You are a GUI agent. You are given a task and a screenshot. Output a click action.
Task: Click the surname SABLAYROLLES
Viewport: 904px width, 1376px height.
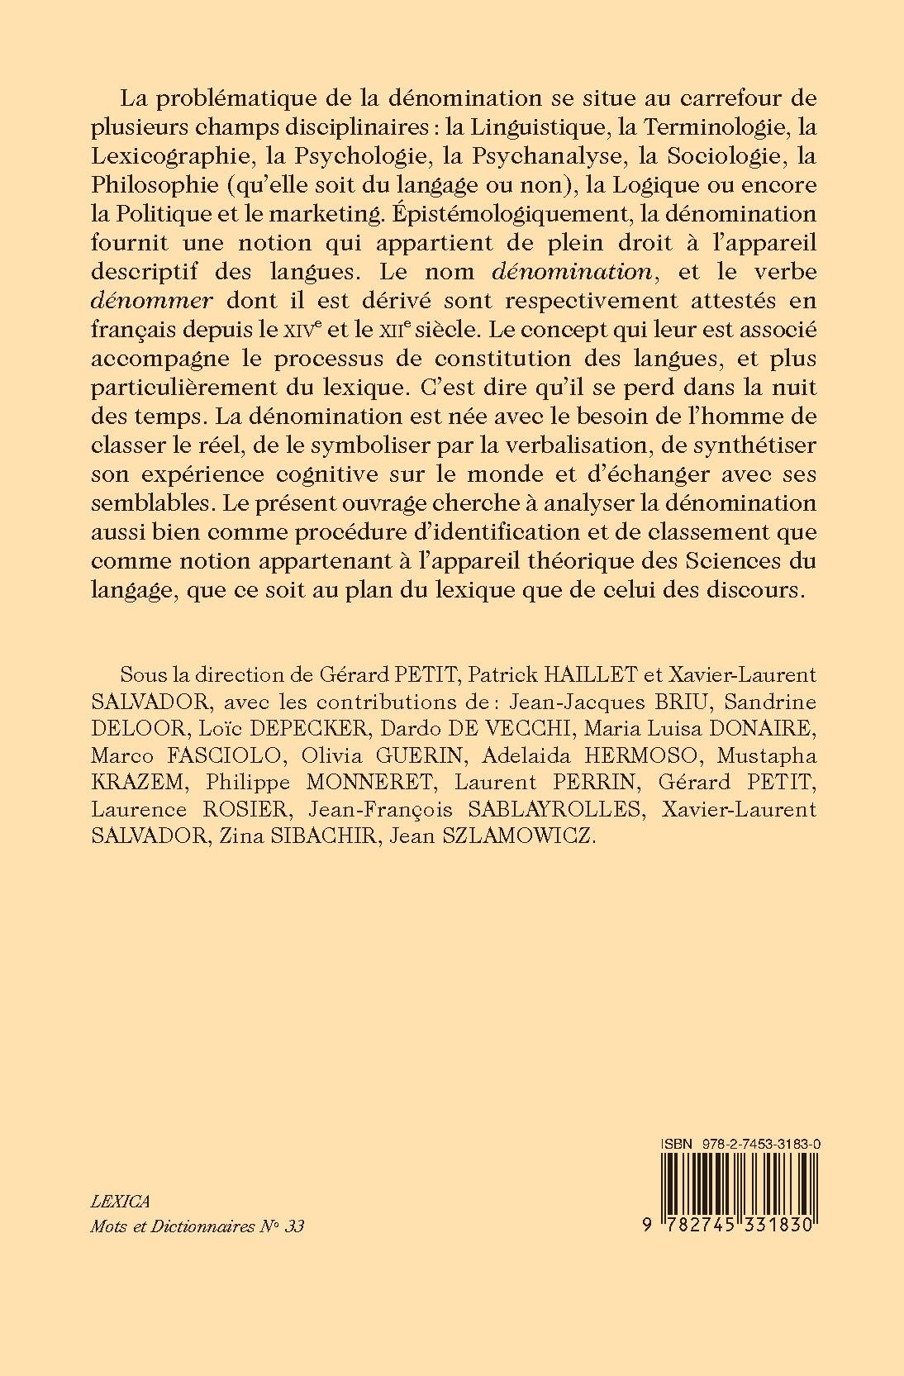pyautogui.click(x=567, y=810)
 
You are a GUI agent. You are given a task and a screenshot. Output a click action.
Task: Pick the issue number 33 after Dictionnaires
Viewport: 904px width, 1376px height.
pyautogui.click(x=293, y=1227)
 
